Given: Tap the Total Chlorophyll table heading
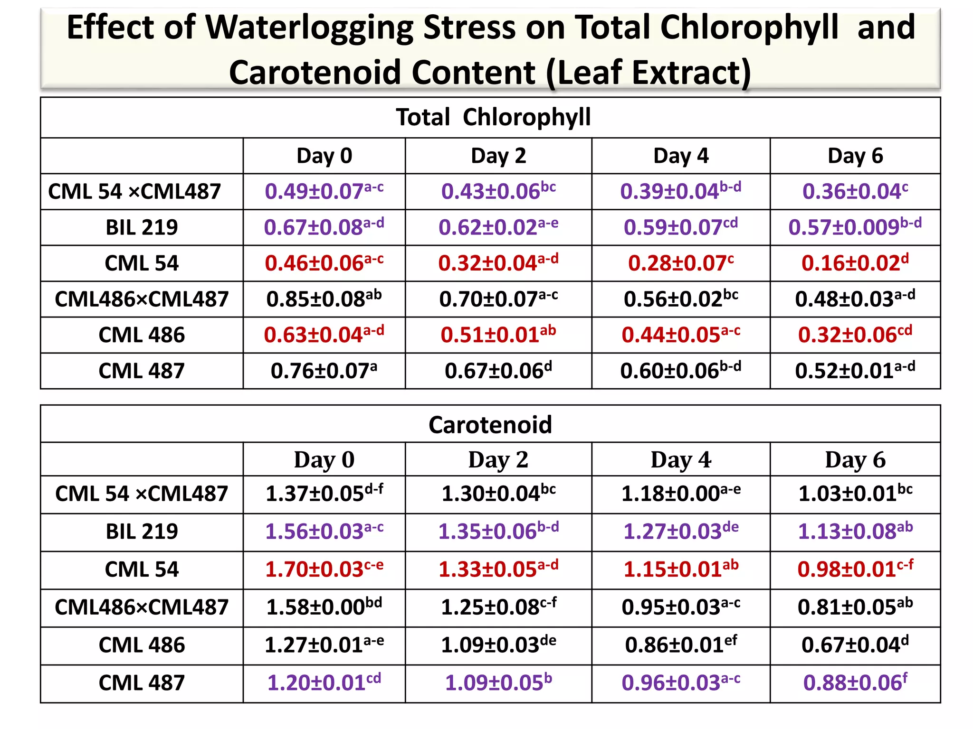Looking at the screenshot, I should point(493,117).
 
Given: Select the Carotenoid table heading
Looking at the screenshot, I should point(490,425).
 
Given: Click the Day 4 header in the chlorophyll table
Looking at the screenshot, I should point(681,156).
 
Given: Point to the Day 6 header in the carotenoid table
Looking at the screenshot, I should point(855,460).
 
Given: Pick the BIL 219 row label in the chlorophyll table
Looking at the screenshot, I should point(142,228).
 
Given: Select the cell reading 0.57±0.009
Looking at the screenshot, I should point(855,227).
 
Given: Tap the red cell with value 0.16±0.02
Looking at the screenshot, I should point(855,263).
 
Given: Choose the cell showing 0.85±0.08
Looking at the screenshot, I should point(324,299).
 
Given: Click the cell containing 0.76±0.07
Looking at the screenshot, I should point(324,371).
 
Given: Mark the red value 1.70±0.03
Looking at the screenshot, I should point(324,570).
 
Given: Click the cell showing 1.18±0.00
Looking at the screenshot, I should point(681,494).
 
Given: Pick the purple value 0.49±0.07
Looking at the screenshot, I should point(324,192).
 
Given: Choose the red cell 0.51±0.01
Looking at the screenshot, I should point(498,335).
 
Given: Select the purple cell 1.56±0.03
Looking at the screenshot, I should point(324,532).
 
